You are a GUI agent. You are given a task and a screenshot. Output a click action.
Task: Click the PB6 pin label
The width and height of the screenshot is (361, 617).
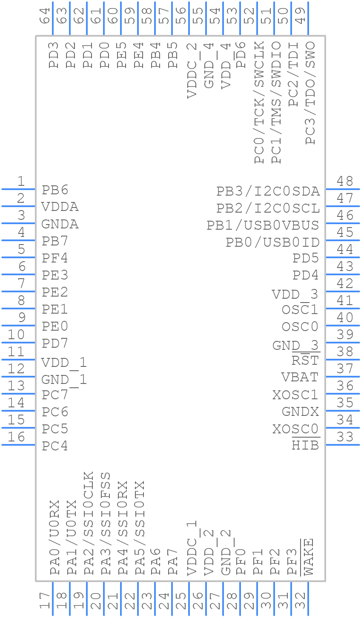pos(55,190)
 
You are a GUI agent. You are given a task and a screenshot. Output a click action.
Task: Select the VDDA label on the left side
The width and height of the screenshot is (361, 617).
pos(60,207)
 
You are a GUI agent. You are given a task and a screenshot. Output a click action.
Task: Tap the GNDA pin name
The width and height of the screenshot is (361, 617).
pos(60,224)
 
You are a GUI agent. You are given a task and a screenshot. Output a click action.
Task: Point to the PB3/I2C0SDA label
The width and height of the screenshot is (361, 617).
pos(268,192)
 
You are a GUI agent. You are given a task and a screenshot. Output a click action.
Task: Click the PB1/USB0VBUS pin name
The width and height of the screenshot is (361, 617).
pos(263,225)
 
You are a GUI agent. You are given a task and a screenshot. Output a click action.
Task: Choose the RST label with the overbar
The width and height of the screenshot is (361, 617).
pos(305,360)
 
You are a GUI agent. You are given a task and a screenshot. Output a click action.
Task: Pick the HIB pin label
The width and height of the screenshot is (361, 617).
pos(305,446)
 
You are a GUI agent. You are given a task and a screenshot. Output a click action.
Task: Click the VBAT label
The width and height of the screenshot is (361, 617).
pos(300,378)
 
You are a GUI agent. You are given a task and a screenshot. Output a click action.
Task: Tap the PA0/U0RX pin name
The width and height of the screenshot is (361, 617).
pos(54,538)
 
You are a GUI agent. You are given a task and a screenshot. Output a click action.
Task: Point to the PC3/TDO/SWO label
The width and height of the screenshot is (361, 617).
pos(310,93)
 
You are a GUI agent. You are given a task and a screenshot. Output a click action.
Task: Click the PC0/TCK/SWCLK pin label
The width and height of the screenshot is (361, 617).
pos(259,102)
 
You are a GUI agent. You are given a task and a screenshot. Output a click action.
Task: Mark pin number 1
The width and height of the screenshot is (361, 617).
pos(20,182)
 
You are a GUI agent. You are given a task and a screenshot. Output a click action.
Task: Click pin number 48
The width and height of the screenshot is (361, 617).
pos(345,182)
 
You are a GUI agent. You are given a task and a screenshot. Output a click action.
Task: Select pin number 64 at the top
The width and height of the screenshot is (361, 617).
pos(45,15)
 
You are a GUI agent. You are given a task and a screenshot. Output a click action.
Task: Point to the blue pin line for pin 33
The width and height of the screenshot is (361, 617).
pos(343,445)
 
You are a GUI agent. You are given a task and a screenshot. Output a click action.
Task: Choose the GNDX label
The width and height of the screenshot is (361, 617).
pos(300,412)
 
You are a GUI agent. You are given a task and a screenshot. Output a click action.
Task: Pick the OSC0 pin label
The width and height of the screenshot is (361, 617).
pos(300,327)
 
